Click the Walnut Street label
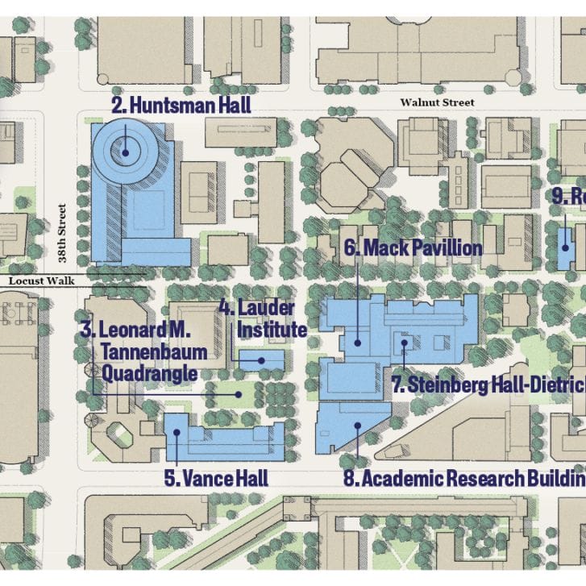437,102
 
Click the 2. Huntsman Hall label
181,105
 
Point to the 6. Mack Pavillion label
413,247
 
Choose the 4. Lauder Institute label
262,318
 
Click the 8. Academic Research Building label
464,478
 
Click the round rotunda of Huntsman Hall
125,149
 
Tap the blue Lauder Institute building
262,359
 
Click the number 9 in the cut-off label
559,196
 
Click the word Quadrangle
149,373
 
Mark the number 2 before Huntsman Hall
116,105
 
